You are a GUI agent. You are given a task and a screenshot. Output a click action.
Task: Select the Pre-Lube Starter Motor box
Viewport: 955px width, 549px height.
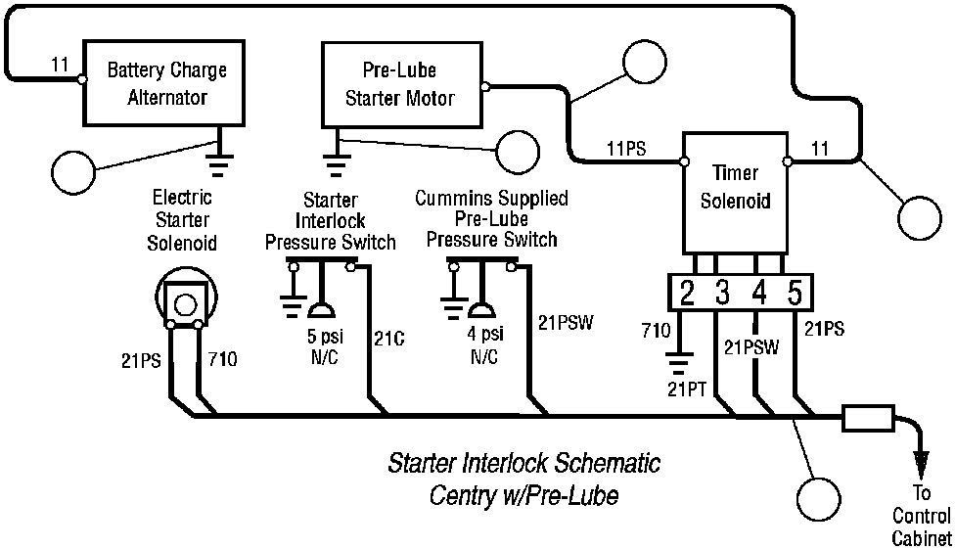point(402,85)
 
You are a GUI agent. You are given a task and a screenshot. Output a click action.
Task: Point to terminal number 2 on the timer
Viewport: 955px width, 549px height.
point(687,293)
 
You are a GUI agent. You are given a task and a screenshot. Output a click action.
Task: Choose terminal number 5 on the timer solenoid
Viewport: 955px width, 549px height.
point(795,293)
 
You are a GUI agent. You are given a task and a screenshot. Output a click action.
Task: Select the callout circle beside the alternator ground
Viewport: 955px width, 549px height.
point(73,173)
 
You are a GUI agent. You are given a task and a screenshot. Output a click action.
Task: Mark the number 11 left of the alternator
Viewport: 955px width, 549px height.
point(61,66)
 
